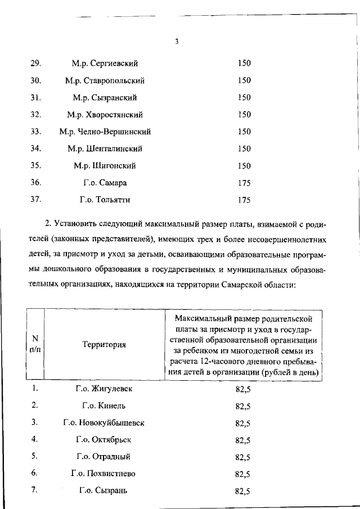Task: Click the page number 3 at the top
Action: tap(176, 41)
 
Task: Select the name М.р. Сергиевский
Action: tap(105, 63)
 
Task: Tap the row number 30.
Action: tap(36, 80)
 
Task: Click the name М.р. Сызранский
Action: tap(105, 97)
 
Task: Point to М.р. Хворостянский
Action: tap(105, 115)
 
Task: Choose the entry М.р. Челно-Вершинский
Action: tap(105, 132)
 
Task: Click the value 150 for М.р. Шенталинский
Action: tap(244, 149)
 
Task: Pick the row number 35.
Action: tap(36, 166)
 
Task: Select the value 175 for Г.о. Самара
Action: tap(244, 183)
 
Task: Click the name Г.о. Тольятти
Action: tap(105, 200)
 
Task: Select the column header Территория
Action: tap(104, 344)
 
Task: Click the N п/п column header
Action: tap(35, 344)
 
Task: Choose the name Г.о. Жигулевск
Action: tap(104, 389)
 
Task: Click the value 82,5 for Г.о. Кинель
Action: tap(243, 406)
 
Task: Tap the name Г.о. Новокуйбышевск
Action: tap(104, 422)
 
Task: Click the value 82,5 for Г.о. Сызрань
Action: tap(243, 491)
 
